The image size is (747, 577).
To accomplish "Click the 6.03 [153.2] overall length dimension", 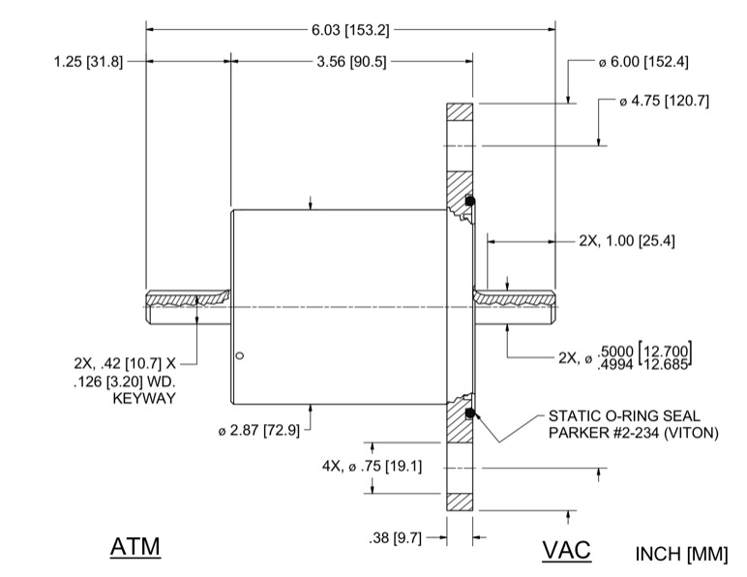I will (x=349, y=30).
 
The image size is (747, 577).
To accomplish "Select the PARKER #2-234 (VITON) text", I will (x=633, y=432).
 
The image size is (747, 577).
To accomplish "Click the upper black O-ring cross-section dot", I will (x=469, y=201).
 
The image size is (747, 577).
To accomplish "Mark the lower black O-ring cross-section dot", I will (x=469, y=414).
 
